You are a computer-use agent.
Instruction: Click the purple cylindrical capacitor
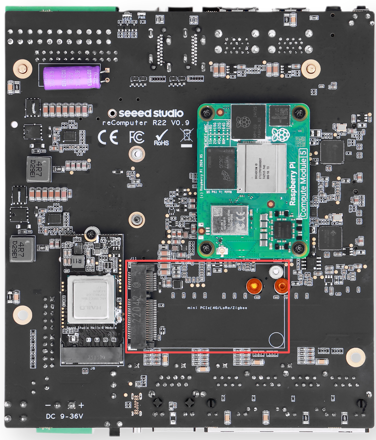(x=72, y=77)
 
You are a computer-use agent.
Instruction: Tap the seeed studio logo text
(x=151, y=113)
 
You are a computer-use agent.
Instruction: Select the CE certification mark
(x=108, y=137)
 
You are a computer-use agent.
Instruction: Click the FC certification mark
(x=137, y=137)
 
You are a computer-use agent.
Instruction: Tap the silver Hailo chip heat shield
(x=91, y=299)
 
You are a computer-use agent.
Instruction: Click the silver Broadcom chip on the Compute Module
(x=261, y=168)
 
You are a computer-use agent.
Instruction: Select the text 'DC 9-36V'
(x=64, y=416)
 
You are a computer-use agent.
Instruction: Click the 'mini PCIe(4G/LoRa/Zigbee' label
(x=217, y=308)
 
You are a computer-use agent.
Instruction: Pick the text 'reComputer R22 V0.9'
(x=146, y=123)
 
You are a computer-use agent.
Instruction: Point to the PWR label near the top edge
(x=142, y=18)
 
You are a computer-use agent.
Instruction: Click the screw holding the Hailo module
(x=91, y=234)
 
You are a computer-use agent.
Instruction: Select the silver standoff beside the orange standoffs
(x=276, y=271)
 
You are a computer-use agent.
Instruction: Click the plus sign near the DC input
(x=81, y=405)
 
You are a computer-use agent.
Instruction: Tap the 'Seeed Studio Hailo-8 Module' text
(x=92, y=328)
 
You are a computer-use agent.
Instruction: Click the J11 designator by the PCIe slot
(x=133, y=259)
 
